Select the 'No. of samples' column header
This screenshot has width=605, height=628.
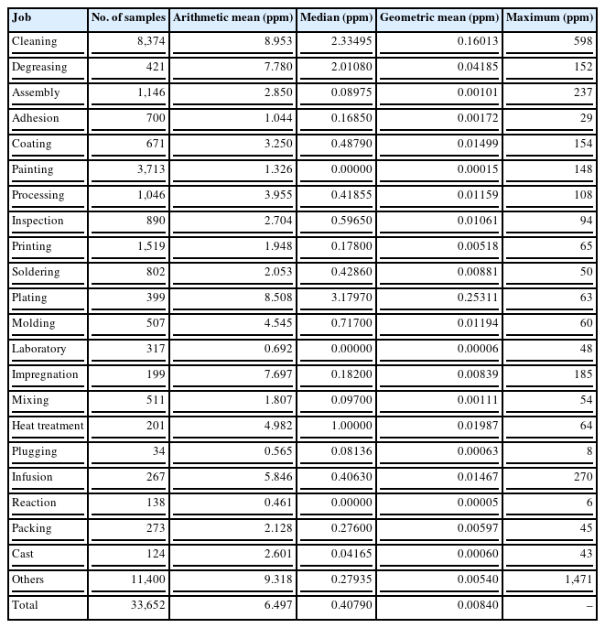click(128, 17)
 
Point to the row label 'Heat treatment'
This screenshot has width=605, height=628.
click(48, 426)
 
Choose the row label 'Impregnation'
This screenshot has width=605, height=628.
click(45, 374)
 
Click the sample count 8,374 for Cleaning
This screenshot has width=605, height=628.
click(147, 41)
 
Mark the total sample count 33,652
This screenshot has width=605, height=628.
click(145, 605)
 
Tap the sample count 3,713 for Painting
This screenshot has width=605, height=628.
click(147, 169)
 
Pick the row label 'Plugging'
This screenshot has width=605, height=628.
click(34, 451)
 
